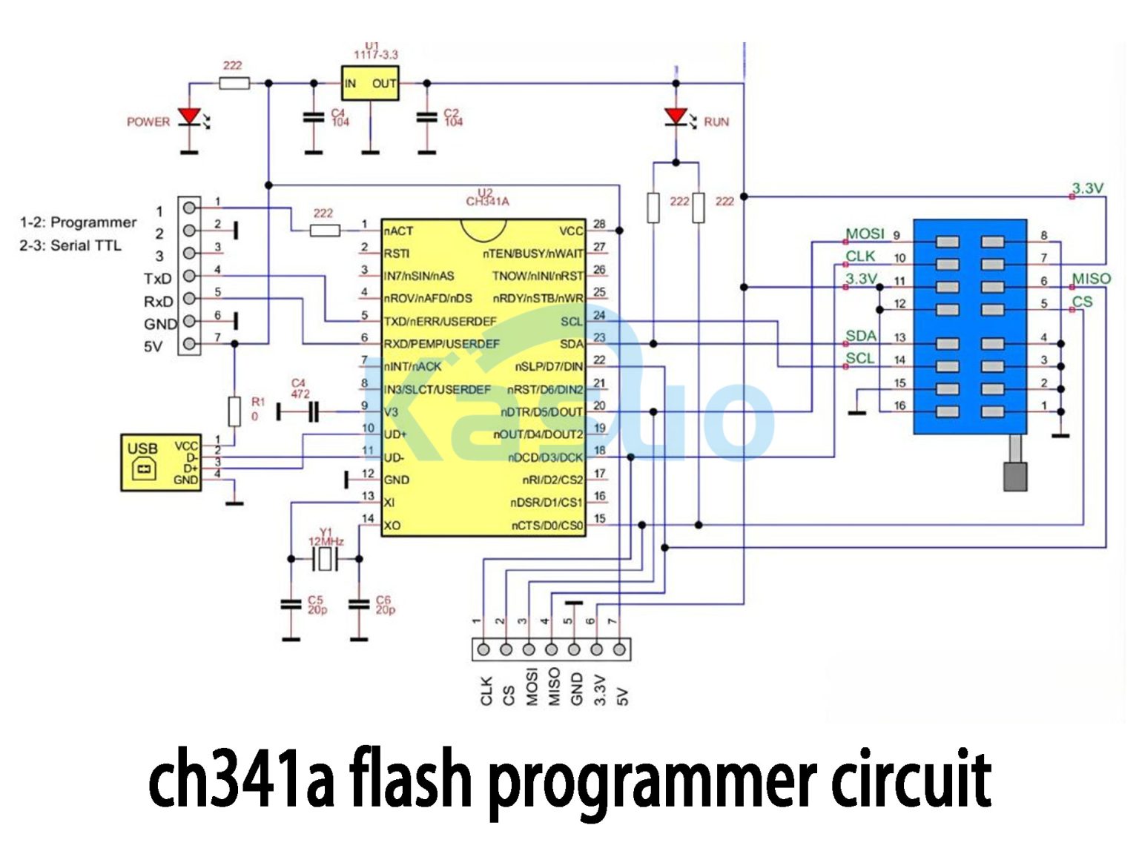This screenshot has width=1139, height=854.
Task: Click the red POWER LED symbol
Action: [190, 116]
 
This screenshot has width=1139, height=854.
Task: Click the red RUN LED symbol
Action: [676, 116]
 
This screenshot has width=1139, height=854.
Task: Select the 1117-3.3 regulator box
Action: [369, 83]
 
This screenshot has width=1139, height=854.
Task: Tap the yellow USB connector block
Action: [161, 463]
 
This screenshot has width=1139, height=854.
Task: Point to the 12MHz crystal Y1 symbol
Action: [325, 559]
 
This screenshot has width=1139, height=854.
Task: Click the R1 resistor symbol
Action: [234, 411]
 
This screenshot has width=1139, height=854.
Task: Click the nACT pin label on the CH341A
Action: [398, 231]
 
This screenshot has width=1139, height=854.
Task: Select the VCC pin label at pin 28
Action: [571, 231]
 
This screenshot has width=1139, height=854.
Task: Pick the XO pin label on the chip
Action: [392, 526]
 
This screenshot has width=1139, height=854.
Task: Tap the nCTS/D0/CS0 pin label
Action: [547, 526]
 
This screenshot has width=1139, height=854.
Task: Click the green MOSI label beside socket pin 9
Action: [865, 234]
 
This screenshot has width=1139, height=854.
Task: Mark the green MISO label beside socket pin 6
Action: [1091, 279]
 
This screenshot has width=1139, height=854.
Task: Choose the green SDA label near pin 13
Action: [861, 336]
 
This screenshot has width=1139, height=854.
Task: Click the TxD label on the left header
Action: [157, 279]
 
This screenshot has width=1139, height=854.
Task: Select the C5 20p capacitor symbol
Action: [291, 605]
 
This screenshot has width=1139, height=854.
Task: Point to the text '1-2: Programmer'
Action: [78, 222]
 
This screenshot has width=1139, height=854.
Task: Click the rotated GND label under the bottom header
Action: [576, 689]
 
